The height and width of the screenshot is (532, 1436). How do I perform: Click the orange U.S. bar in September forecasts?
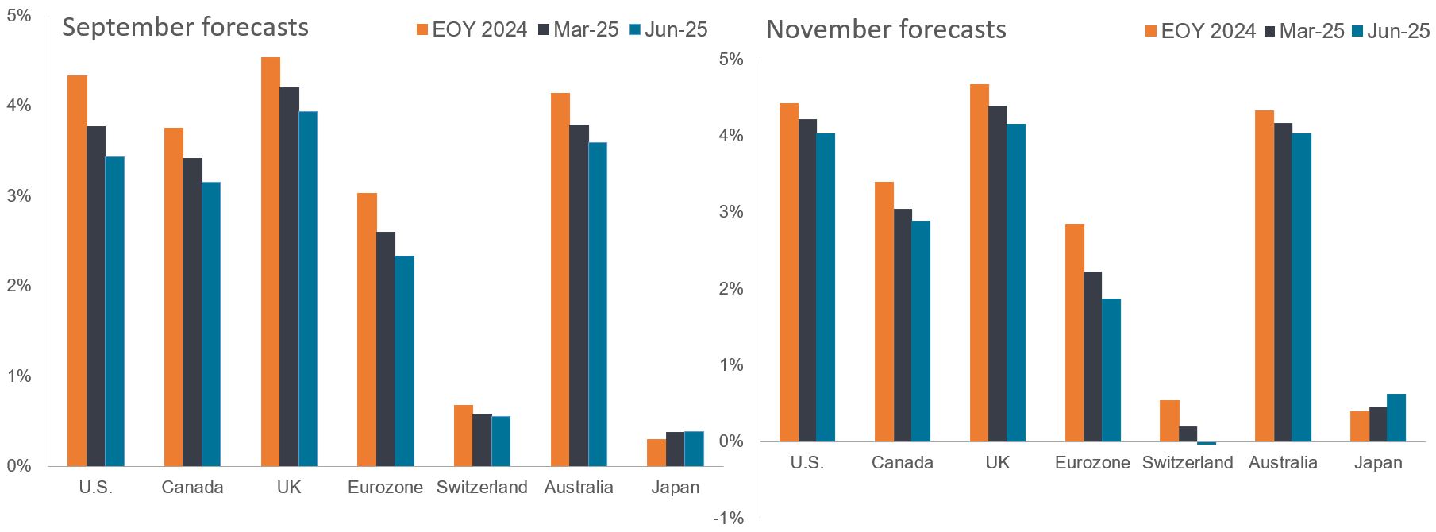[77, 270]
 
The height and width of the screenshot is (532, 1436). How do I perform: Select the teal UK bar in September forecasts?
[308, 288]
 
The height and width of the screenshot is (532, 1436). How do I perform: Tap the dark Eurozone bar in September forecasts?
[386, 349]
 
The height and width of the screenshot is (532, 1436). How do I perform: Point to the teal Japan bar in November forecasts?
[1396, 418]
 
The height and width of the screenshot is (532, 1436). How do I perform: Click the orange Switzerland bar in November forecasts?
[1169, 421]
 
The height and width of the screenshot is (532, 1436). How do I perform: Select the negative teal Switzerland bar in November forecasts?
[1207, 443]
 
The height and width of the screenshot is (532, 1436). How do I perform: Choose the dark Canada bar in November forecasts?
[903, 325]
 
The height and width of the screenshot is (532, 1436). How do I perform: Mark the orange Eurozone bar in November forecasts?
[1075, 333]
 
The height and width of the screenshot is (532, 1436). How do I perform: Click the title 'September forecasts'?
[185, 27]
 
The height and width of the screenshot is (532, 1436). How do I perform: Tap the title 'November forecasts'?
[886, 29]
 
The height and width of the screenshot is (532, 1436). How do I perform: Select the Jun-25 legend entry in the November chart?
[1392, 31]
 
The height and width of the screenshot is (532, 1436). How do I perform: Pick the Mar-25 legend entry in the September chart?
[578, 30]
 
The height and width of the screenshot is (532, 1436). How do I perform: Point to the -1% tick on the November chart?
[728, 519]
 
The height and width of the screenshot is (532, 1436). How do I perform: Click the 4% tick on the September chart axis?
[18, 106]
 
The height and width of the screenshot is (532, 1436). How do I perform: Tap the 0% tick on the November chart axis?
[730, 441]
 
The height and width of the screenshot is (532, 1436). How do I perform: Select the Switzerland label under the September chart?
[482, 488]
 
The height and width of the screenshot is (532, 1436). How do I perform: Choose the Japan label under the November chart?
[1378, 463]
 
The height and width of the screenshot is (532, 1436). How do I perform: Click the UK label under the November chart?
[997, 463]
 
